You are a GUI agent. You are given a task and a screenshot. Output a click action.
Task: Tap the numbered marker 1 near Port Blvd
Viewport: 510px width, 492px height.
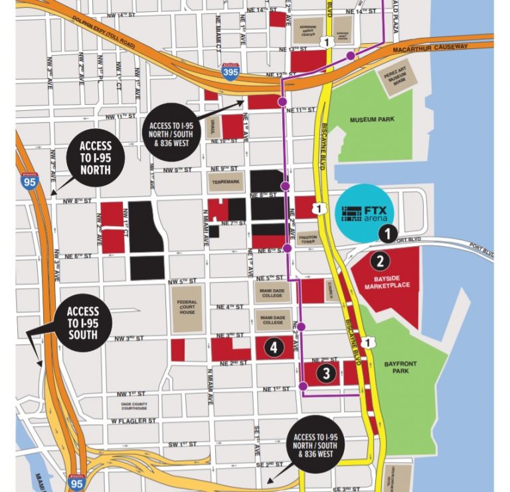(x=388, y=233)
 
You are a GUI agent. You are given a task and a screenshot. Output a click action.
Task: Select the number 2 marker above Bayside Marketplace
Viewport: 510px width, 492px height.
(x=380, y=261)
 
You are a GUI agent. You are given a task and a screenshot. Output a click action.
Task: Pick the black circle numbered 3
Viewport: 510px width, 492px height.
(x=326, y=374)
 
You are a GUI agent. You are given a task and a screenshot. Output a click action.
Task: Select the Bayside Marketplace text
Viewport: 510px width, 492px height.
(x=387, y=282)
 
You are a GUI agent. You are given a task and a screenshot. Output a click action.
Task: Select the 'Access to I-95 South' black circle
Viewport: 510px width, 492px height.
(x=83, y=324)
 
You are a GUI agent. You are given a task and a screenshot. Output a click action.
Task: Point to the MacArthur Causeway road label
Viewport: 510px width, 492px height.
(x=438, y=47)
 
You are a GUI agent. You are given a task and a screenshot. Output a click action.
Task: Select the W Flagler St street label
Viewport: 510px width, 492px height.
(x=133, y=421)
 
